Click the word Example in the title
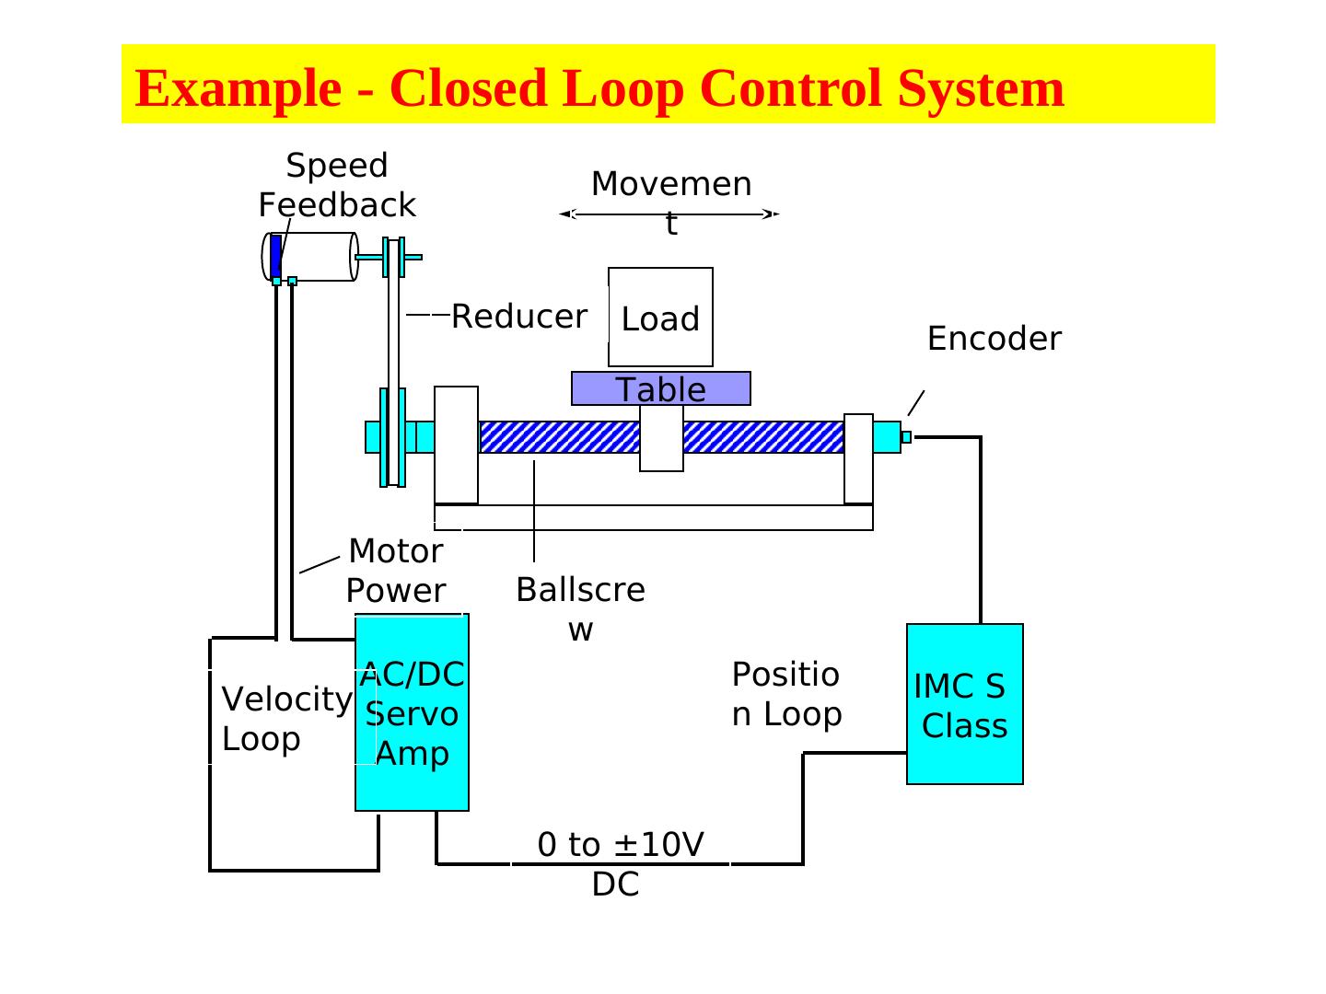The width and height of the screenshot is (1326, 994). click(x=237, y=88)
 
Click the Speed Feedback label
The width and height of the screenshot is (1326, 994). click(x=337, y=185)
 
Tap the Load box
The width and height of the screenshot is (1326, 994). click(x=660, y=318)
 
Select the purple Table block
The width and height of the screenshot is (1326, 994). click(x=660, y=388)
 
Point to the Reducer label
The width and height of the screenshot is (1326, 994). click(x=518, y=317)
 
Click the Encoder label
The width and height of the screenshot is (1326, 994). click(x=994, y=339)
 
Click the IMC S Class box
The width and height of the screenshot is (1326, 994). click(x=964, y=704)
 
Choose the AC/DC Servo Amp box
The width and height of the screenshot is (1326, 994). click(x=412, y=713)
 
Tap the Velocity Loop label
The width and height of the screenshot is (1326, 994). click(x=286, y=719)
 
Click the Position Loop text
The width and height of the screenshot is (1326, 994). click(x=786, y=694)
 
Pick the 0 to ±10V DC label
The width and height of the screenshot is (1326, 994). click(x=619, y=863)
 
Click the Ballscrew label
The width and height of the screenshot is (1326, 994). click(x=580, y=608)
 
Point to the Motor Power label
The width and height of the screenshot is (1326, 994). click(x=396, y=571)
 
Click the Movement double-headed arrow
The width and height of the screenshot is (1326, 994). click(x=670, y=214)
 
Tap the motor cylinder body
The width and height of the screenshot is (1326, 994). click(x=318, y=256)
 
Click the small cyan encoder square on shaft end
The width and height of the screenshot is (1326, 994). click(x=906, y=437)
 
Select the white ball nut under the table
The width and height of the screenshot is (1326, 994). click(x=661, y=439)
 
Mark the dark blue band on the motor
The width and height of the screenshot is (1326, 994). click(x=275, y=256)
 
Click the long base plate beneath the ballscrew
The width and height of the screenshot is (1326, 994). click(x=653, y=517)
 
